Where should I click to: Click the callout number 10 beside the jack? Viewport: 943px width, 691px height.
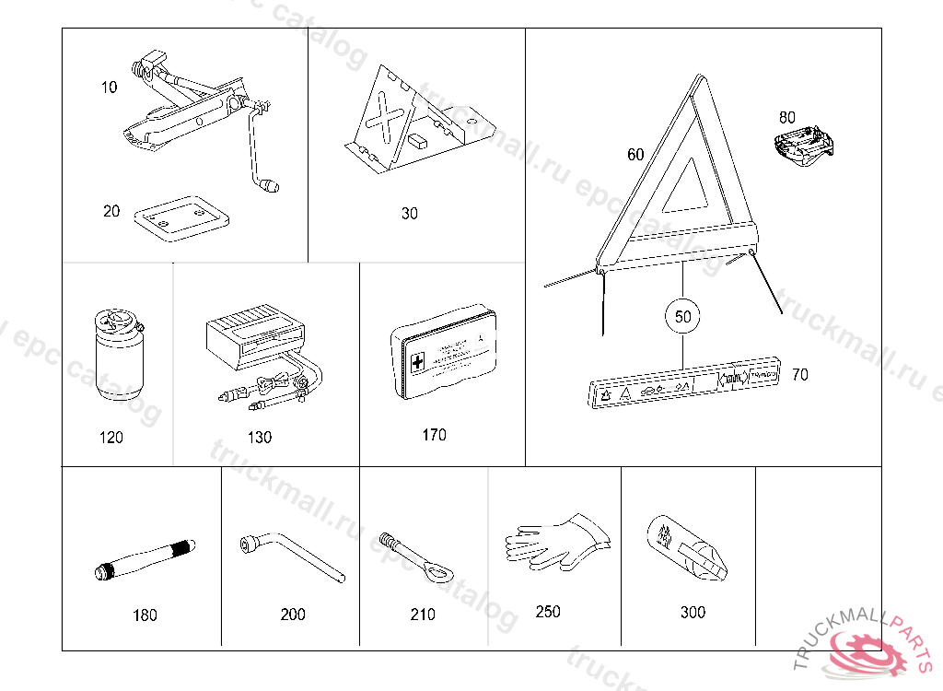point(110,88)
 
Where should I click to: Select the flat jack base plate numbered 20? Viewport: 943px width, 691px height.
point(181,217)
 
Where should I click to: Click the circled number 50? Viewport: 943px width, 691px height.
point(682,316)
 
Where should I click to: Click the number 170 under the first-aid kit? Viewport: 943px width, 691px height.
point(434,435)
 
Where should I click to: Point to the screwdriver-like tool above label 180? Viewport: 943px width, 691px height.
point(146,560)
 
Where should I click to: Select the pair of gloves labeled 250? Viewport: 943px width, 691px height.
point(555,544)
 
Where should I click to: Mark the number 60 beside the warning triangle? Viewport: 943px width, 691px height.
point(635,155)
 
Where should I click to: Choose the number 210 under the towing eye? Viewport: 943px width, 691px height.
point(423,615)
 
